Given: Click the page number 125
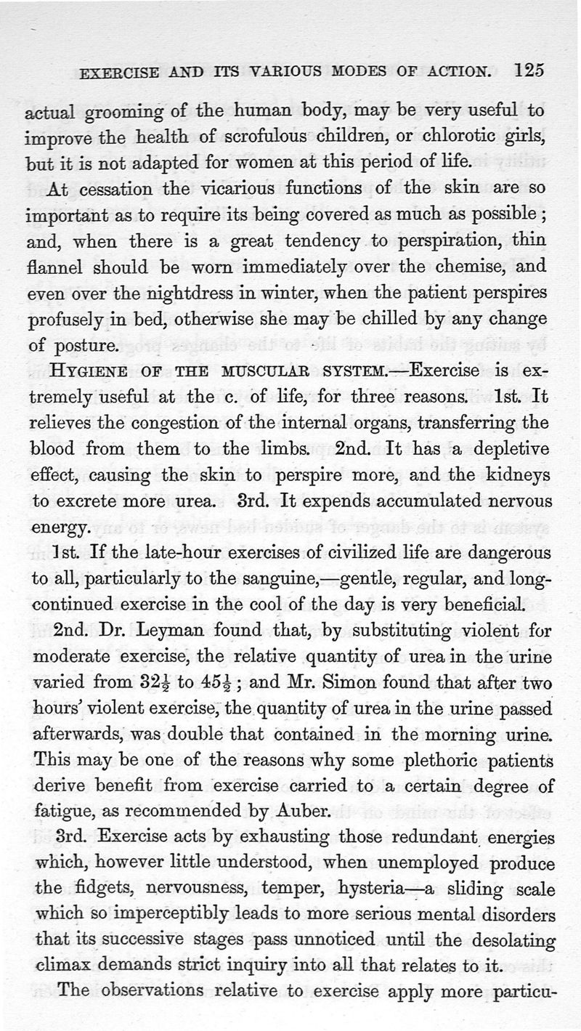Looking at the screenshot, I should click(x=529, y=70).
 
